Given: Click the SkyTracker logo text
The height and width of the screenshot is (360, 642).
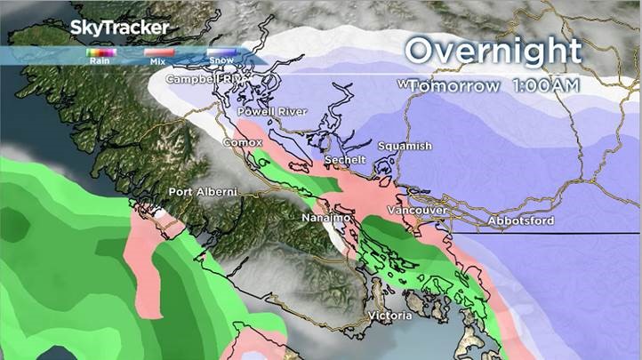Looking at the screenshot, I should point(120,28).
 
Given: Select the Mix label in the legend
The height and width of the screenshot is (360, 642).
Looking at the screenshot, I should point(157,61).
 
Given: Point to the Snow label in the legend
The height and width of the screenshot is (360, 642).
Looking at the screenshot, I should point(221,61).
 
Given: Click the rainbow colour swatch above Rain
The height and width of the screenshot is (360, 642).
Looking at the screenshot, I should point(96,52).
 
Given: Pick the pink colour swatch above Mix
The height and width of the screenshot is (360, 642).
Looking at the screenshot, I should point(157,52).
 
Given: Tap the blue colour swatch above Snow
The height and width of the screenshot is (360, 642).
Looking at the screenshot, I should point(221,52).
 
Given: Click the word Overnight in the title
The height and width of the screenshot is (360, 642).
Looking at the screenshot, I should point(492,52).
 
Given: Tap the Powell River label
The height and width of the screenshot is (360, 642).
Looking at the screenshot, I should point(272,111).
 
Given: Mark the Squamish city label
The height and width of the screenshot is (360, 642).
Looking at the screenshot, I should point(404,146).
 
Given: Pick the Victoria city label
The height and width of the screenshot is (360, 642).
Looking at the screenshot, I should point(390,316).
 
